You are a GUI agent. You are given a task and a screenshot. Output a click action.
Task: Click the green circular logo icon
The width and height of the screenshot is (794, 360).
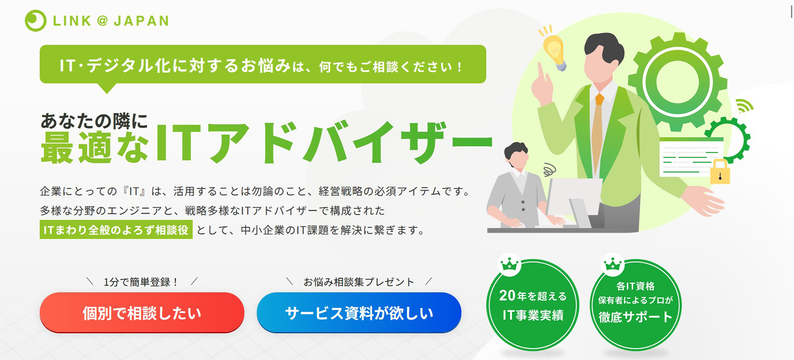click(x=36, y=21)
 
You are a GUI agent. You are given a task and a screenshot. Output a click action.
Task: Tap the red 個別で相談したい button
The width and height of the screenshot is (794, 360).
click(x=142, y=313)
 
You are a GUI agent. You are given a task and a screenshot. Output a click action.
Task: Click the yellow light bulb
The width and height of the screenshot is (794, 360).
click(x=554, y=51)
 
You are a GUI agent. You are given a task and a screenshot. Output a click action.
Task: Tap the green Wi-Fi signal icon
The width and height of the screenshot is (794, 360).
click(x=744, y=106)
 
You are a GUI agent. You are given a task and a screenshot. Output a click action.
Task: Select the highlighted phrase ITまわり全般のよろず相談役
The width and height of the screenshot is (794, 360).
click(x=116, y=230)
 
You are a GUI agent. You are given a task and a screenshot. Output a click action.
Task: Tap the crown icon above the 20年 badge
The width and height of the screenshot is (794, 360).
click(x=509, y=264)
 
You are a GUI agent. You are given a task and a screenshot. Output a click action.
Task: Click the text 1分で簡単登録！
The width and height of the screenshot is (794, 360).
click(x=141, y=282)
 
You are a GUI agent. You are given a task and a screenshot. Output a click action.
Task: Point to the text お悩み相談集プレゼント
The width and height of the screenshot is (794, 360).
click(x=359, y=282)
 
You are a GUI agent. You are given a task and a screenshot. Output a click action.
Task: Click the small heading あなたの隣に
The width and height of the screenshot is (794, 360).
click(x=94, y=121)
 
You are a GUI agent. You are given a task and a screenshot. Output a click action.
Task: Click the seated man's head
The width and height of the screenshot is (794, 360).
click(x=517, y=155)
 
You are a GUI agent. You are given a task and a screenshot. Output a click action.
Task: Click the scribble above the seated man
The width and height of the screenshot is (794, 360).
click(x=550, y=169)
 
